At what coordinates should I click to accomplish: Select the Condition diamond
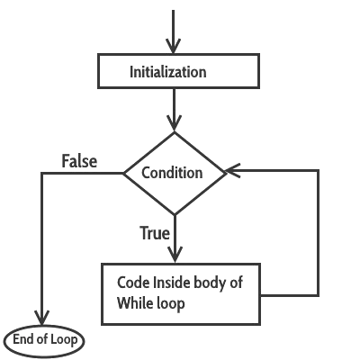click(x=175, y=173)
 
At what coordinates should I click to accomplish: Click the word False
click(x=79, y=162)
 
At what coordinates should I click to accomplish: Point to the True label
click(x=155, y=233)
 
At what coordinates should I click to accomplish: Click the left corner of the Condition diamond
click(x=122, y=173)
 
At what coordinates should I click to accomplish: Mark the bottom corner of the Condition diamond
click(x=175, y=214)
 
